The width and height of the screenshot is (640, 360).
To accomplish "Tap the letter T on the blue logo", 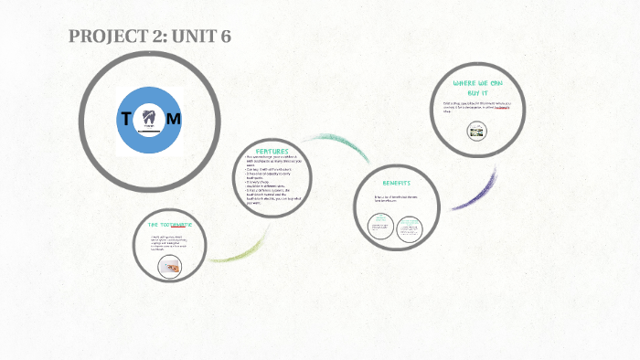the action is tap(125, 119).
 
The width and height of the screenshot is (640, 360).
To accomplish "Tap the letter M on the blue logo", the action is tap(174, 119).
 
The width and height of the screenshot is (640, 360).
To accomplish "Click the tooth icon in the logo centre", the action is tap(149, 117).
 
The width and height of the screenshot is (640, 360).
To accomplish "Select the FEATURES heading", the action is tap(272, 151).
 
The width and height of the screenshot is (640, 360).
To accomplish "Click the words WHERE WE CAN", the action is tap(477, 83).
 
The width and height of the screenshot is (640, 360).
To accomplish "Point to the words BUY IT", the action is tap(477, 93).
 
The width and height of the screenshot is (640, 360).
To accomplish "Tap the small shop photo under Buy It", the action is tap(475, 132).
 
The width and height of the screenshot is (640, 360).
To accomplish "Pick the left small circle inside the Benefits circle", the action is tap(380, 226).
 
